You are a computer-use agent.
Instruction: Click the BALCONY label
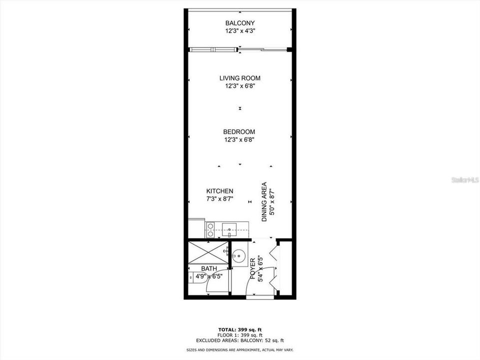(x=240, y=23)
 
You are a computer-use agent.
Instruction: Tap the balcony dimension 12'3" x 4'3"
(x=240, y=31)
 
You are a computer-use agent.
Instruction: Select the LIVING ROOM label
(x=240, y=78)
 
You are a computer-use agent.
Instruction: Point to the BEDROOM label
(x=240, y=132)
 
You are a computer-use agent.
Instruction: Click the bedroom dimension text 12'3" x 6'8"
(x=240, y=140)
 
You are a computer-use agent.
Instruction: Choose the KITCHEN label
(x=220, y=191)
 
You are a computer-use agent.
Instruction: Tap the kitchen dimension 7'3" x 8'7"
(x=220, y=199)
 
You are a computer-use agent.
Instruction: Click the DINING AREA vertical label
(x=264, y=201)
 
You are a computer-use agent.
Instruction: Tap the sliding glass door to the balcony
(x=239, y=49)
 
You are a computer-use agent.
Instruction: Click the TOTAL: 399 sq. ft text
(x=240, y=329)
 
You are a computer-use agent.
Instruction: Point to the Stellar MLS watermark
(x=465, y=179)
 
